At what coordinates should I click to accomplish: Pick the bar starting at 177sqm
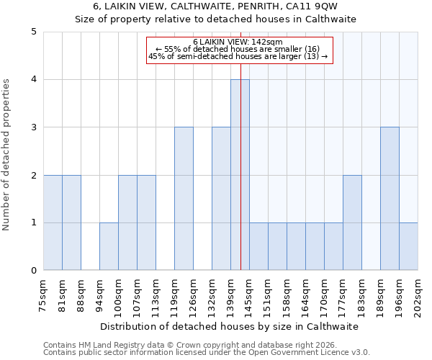[352, 222]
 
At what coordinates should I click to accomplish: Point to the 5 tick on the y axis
[33, 32]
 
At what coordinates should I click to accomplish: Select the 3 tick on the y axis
[33, 127]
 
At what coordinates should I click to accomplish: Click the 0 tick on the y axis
[33, 271]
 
